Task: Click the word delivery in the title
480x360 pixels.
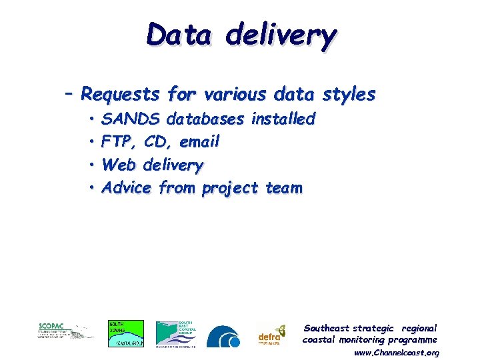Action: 281,37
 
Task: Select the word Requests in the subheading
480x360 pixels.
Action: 121,95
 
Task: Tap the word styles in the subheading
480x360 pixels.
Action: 349,95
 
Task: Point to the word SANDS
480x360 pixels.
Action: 131,119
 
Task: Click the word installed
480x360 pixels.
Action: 283,119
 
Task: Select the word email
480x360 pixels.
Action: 199,142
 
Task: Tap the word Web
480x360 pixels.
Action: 119,165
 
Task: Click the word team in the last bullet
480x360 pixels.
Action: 283,188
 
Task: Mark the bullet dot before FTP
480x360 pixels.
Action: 91,143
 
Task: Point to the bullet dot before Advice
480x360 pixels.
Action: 91,189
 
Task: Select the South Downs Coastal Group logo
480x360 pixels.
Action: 125,333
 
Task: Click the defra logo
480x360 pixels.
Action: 272,334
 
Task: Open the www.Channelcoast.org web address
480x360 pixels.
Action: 396,352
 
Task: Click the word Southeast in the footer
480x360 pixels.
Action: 327,328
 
